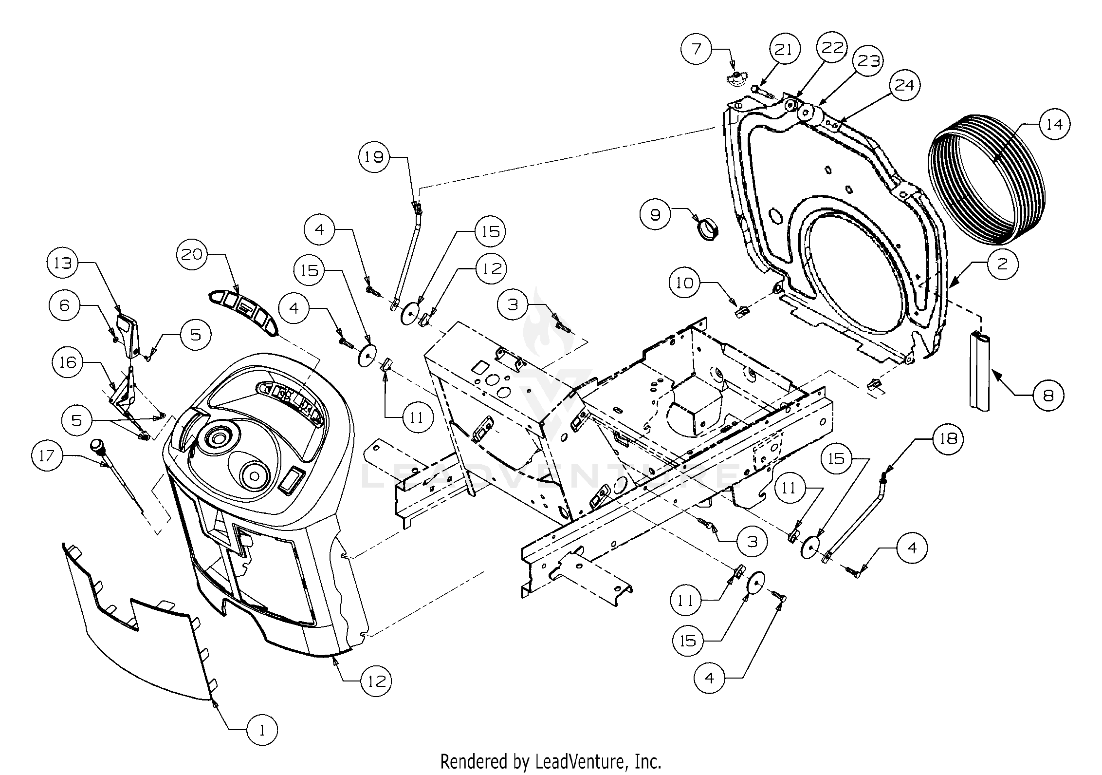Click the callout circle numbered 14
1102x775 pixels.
(x=1054, y=125)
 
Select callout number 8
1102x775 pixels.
(x=1048, y=396)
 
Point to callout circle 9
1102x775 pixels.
(x=655, y=214)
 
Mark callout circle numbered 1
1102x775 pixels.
(x=262, y=744)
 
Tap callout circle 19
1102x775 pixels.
(x=375, y=157)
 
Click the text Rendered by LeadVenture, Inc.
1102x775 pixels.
(x=551, y=760)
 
